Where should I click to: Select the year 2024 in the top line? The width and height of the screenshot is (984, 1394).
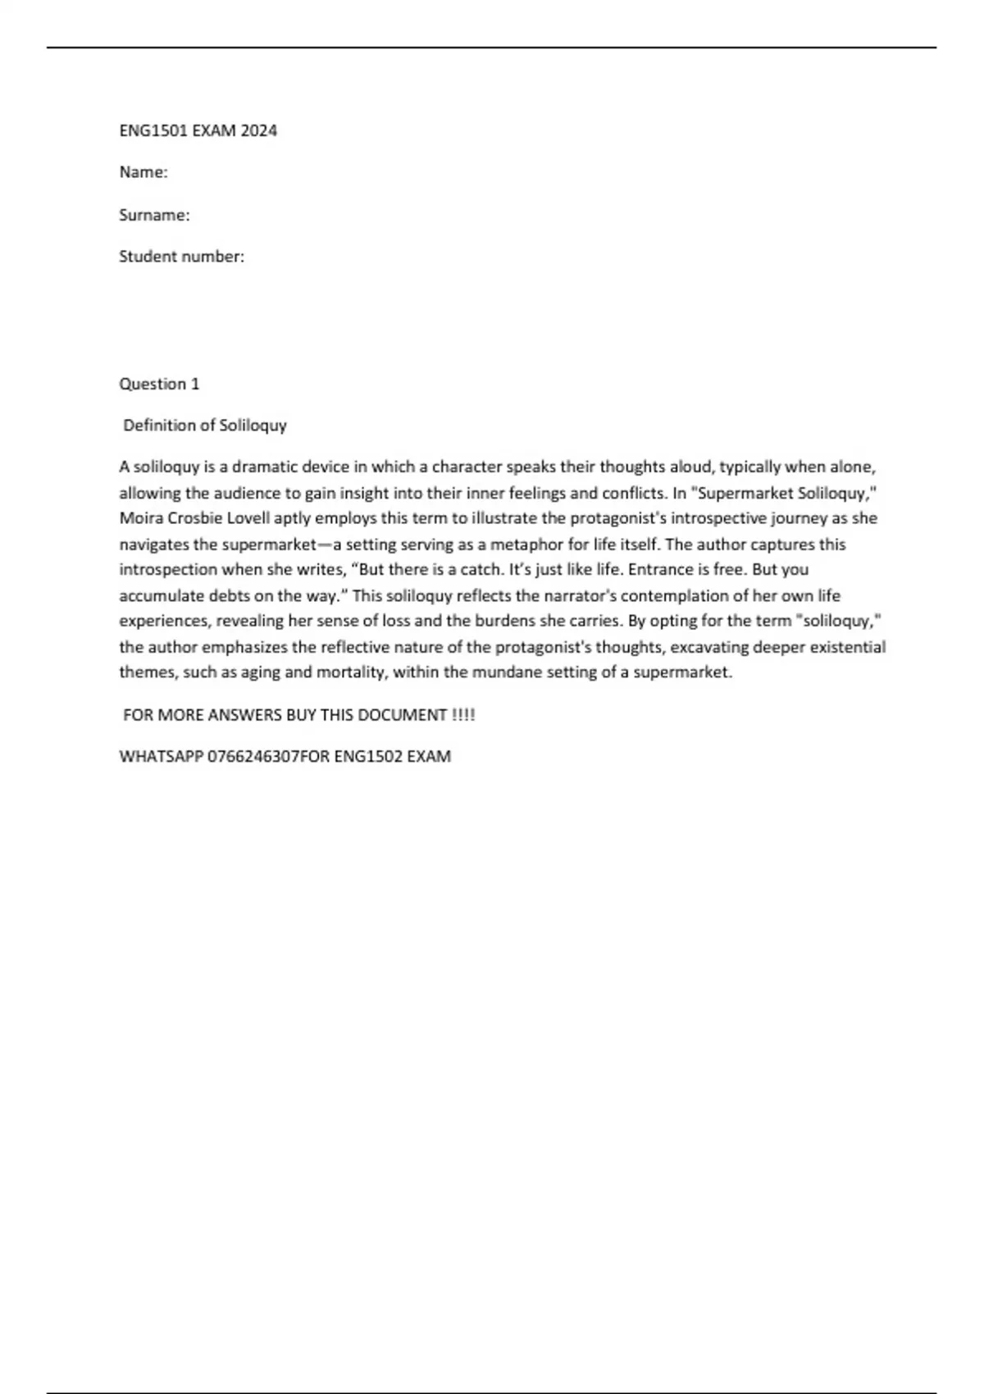(258, 130)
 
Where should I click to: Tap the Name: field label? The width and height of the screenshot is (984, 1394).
(143, 172)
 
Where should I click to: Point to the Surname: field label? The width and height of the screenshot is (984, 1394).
(154, 215)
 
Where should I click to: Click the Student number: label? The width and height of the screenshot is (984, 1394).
(181, 257)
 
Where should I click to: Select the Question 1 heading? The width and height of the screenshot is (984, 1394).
(159, 384)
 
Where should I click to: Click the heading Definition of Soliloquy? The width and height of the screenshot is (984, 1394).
(205, 426)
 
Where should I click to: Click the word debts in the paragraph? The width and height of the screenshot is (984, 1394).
(229, 596)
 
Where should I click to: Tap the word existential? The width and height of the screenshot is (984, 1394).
(845, 647)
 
